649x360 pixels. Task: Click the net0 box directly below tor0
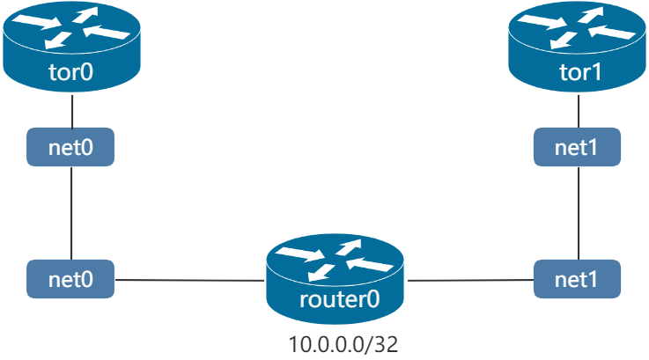(x=70, y=147)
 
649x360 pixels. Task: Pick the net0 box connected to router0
(x=70, y=279)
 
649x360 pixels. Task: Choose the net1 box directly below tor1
(x=578, y=147)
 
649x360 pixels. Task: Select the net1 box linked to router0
(x=578, y=279)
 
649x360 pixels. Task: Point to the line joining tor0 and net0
(x=70, y=111)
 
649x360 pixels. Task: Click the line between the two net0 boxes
(x=70, y=212)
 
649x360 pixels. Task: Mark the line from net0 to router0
(x=189, y=281)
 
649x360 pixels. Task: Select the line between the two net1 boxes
(x=578, y=212)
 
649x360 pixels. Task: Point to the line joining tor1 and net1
(x=578, y=111)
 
